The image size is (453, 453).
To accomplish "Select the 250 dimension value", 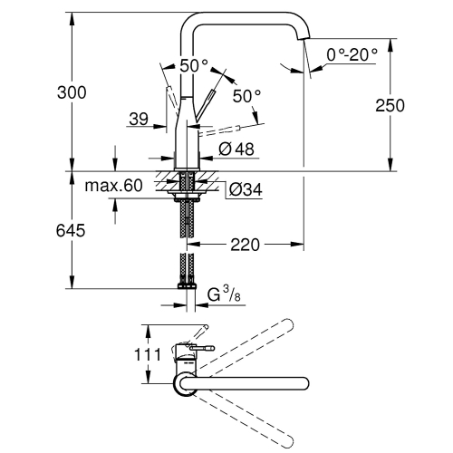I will click(414, 105).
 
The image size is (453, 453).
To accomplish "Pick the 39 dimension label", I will click(139, 119).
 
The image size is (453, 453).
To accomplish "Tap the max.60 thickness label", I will click(114, 187).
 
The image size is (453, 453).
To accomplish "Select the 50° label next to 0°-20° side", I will click(246, 94).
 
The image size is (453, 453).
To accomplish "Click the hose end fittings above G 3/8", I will click(188, 280).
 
